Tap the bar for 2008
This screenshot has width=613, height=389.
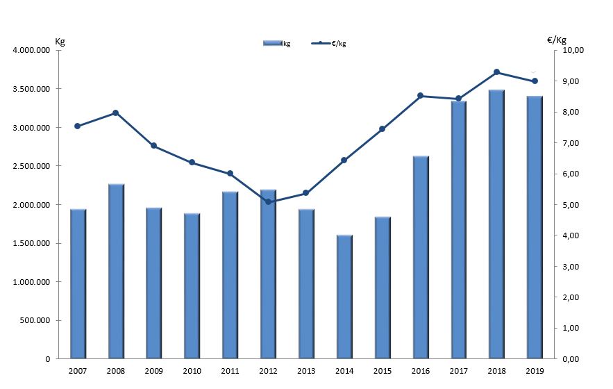coord(116,271)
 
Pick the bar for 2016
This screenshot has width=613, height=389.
coord(421,257)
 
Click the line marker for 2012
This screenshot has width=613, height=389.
coord(268,202)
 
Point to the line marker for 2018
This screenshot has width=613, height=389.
coord(496,72)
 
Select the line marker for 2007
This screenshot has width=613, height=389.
coord(78,126)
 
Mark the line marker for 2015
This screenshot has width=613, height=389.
coord(382,129)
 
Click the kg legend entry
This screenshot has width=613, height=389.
coord(277,44)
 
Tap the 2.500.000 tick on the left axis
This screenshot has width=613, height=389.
coord(31,166)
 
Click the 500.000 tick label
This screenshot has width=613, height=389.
coord(34,320)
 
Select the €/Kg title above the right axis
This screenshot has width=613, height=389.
coord(557,40)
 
